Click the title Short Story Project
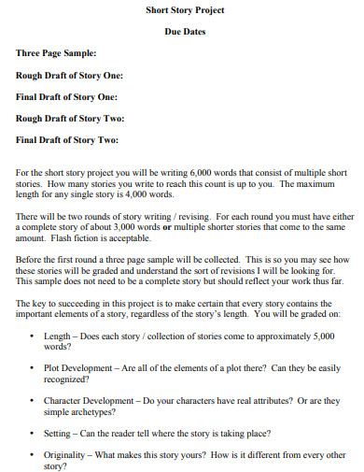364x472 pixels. point(184,10)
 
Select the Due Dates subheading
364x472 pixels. point(184,32)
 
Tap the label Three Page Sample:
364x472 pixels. point(56,53)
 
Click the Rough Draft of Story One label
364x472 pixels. point(70,75)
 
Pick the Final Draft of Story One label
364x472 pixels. point(68,96)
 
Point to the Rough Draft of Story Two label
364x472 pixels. point(70,119)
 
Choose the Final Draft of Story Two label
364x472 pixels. point(68,140)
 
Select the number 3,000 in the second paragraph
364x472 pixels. point(123,227)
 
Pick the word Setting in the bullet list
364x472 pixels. point(58,433)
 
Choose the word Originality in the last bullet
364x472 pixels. point(65,454)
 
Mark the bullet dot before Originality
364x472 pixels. point(34,455)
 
